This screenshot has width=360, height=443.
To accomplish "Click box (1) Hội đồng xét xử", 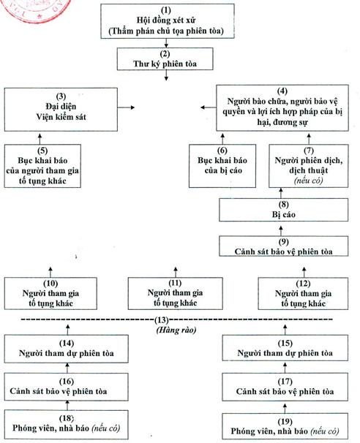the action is tap(168, 21).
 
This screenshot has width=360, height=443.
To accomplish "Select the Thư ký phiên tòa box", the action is tap(165, 58).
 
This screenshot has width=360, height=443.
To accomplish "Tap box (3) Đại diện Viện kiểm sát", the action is tap(61, 110).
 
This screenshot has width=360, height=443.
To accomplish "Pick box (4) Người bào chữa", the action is tap(282, 107).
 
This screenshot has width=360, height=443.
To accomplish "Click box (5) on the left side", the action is tap(42, 166).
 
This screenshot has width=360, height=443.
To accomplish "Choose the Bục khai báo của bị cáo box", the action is tap(222, 166).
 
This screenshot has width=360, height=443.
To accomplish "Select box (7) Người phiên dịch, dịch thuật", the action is tap(308, 166).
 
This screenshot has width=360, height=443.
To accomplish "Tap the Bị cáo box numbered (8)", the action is tap(283, 210).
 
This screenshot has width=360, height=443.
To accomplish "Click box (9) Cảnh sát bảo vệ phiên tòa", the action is tap(283, 246).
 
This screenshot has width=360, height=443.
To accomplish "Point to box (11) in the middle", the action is tap(175, 293).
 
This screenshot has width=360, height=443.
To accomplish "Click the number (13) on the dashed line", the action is tap(162, 320).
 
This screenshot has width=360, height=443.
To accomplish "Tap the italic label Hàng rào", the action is tap(176, 330).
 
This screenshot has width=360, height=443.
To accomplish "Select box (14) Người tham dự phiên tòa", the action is tap(66, 349).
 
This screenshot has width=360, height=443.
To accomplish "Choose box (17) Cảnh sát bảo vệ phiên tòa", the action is tap(285, 387).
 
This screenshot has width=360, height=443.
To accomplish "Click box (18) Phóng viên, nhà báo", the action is tap(66, 425).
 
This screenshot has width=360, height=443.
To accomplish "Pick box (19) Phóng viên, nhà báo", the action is tap(285, 427).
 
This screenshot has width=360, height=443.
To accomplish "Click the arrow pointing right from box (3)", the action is tap(126, 107).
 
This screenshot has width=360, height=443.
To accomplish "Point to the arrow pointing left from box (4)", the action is tap(209, 107).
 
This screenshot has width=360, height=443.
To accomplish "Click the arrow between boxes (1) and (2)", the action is tap(166, 43).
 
